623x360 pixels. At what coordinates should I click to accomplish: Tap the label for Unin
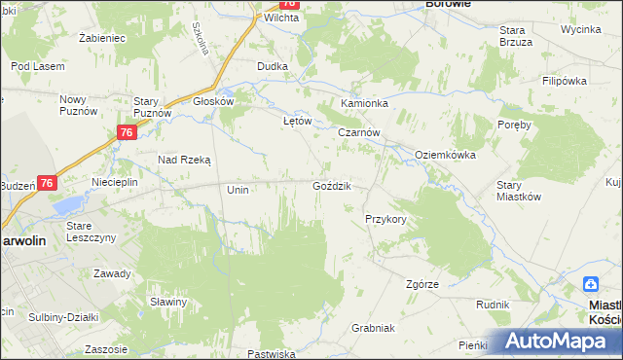coord(238,190)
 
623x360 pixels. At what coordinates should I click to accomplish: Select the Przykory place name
coord(385,220)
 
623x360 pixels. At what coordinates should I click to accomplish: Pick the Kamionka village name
coord(365,102)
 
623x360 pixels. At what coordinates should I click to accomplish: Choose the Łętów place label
coord(296,121)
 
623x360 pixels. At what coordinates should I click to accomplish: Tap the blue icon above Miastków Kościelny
coord(591,284)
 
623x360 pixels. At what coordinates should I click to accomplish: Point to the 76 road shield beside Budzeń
coord(48,182)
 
